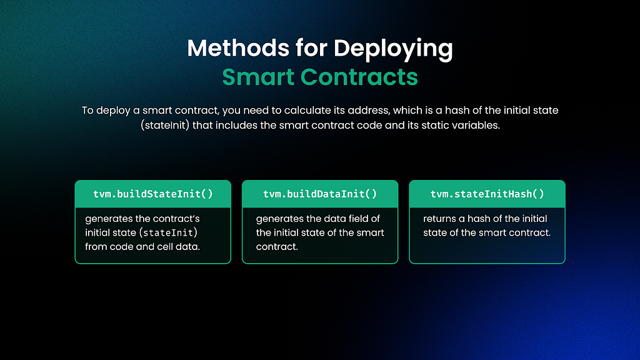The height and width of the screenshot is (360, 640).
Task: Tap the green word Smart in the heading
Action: coord(258,77)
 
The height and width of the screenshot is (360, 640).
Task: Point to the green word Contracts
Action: coord(359,77)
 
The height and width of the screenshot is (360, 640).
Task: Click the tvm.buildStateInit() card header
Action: coord(153,194)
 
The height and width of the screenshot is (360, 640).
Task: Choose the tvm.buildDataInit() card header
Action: coord(320,194)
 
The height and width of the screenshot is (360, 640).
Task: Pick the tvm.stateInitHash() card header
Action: coord(487,194)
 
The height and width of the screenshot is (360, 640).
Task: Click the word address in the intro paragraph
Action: coord(367,110)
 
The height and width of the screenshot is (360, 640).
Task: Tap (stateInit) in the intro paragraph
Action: coord(165,125)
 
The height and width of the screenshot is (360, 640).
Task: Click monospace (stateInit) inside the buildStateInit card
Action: coord(168,232)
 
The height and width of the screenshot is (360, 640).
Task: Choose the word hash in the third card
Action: coord(477,219)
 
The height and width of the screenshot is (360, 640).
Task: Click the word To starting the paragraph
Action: coord(87,110)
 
